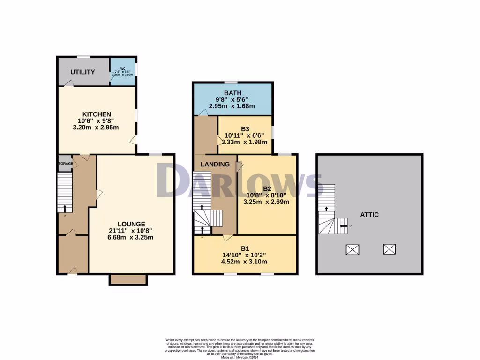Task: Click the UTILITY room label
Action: click(83, 72)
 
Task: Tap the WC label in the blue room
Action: click(123, 68)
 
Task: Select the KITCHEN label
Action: click(97, 114)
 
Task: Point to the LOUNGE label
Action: click(131, 224)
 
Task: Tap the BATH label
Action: click(232, 93)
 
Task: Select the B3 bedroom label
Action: click(245, 128)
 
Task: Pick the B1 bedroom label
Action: click(245, 248)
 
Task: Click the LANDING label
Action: click(215, 164)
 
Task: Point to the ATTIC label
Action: click(369, 214)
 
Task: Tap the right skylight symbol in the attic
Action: click(389, 249)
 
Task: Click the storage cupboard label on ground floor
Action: click(66, 164)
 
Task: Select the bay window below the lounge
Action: click(128, 279)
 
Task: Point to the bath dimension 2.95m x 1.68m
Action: click(232, 106)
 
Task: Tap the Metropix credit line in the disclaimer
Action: click(240, 357)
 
